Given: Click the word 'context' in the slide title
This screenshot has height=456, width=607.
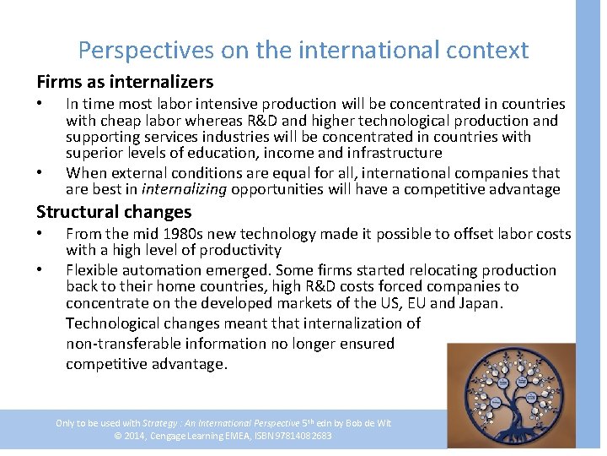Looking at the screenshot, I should [x=483, y=51].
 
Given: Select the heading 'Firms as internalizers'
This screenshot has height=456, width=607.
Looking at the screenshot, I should [x=125, y=82].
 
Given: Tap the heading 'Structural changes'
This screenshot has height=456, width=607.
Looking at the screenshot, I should [x=114, y=212].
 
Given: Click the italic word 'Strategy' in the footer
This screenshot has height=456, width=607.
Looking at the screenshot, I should [x=159, y=423].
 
